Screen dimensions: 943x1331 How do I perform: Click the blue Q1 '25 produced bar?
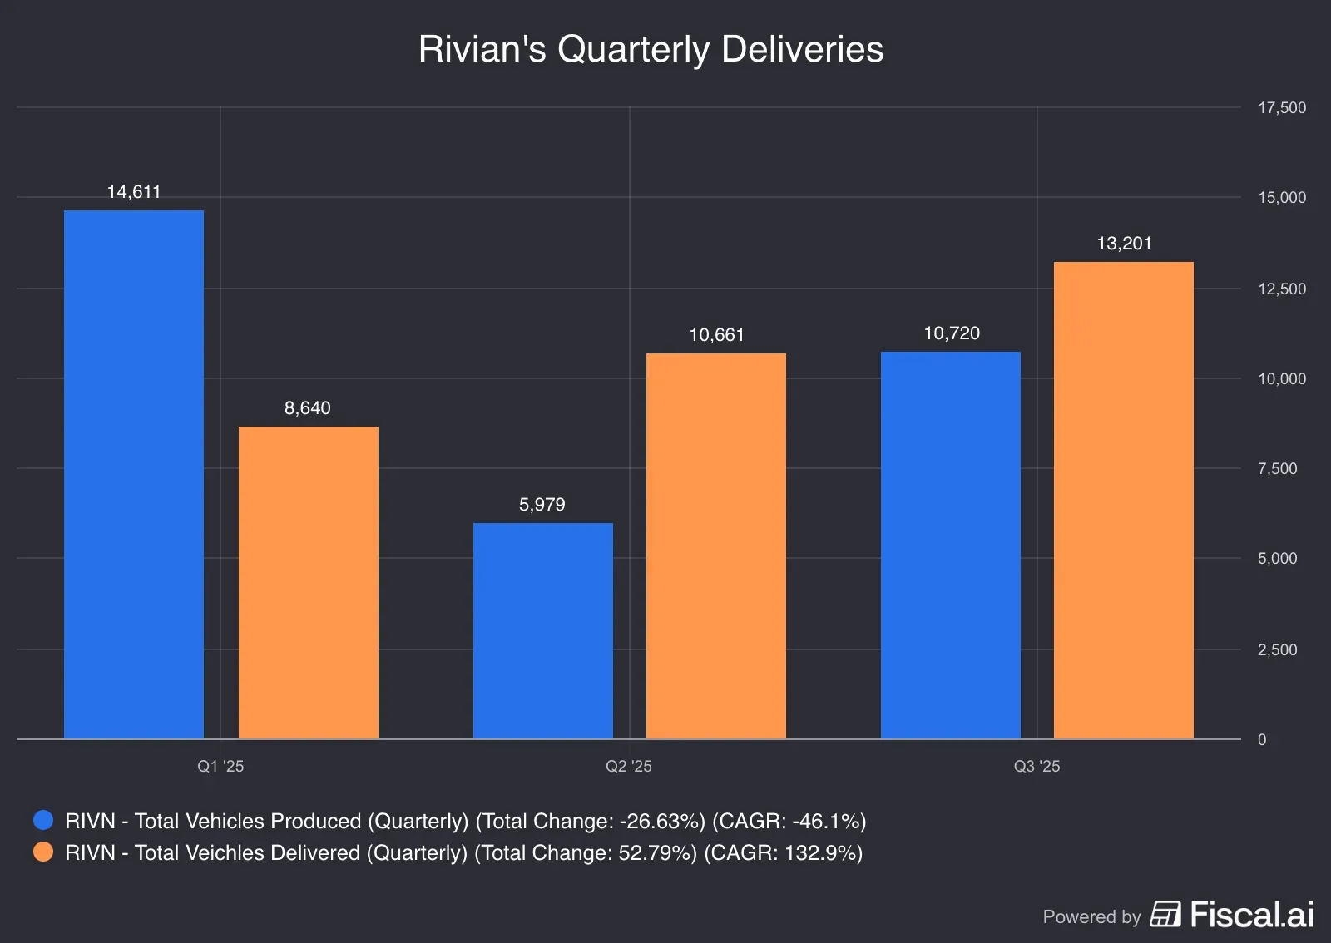(x=134, y=474)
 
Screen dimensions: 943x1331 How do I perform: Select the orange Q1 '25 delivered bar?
(x=309, y=582)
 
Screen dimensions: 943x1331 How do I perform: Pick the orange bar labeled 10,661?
(x=716, y=546)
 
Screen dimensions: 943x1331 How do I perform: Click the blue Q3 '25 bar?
(x=951, y=545)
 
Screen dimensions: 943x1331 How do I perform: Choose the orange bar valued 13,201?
(x=1124, y=500)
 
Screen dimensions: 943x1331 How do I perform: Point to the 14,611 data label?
(x=134, y=192)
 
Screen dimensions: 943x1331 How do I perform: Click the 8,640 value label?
(x=308, y=408)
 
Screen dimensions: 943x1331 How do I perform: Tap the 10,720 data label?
(x=952, y=333)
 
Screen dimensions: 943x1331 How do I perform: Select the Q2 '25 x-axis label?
(x=629, y=767)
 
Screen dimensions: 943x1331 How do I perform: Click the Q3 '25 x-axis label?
(x=1037, y=767)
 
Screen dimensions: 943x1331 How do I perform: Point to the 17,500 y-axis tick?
(x=1282, y=108)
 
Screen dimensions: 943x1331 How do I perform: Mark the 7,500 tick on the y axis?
(x=1278, y=469)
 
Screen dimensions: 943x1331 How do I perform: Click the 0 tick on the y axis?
(x=1262, y=740)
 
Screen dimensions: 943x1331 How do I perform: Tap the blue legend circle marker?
(x=43, y=821)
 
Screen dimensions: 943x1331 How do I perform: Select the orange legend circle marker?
(x=43, y=852)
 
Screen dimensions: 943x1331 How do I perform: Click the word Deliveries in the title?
(x=802, y=49)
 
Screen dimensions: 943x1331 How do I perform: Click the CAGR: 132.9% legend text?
(x=783, y=853)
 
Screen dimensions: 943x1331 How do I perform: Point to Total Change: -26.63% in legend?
(x=590, y=822)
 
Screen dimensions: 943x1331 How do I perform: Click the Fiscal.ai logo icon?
(x=1165, y=914)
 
